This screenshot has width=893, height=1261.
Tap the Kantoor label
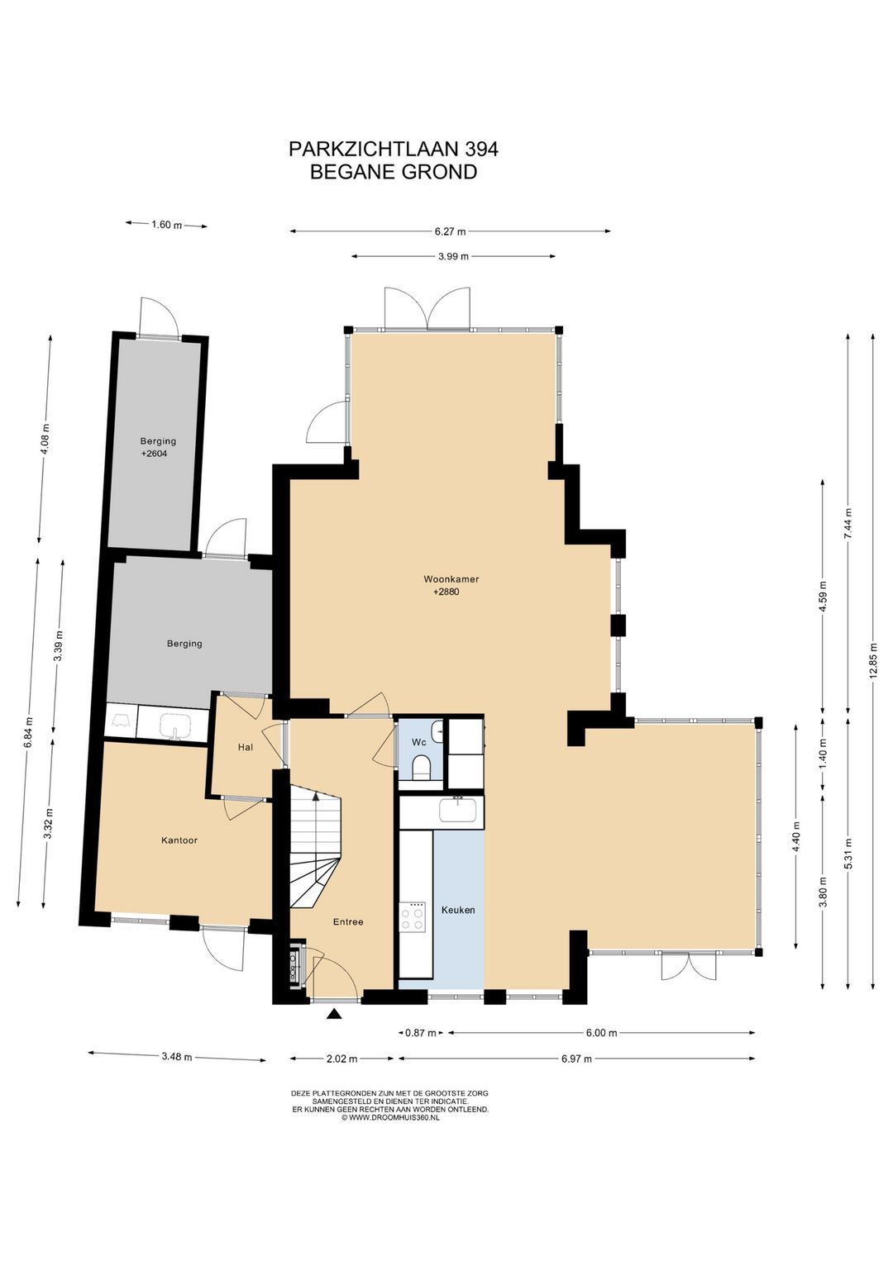pyautogui.click(x=179, y=840)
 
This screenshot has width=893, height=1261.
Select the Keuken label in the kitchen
pyautogui.click(x=458, y=910)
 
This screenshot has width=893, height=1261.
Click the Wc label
pyautogui.click(x=418, y=743)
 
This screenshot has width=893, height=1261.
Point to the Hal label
pyautogui.click(x=245, y=747)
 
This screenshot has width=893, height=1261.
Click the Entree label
pyautogui.click(x=348, y=921)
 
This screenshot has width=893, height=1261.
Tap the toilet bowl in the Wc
pyautogui.click(x=420, y=767)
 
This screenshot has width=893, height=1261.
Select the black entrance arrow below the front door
pyautogui.click(x=335, y=1014)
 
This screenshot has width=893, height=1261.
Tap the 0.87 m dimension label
pyautogui.click(x=421, y=1032)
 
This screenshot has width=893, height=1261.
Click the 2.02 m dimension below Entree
pyautogui.click(x=342, y=1059)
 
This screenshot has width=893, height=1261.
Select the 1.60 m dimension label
pyautogui.click(x=167, y=225)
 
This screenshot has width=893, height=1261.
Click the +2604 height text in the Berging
pyautogui.click(x=154, y=453)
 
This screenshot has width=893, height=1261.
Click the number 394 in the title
pyautogui.click(x=481, y=150)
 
